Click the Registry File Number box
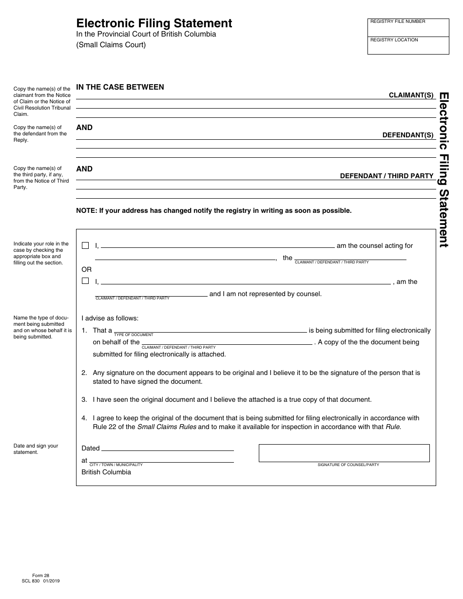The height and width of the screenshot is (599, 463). (408, 28)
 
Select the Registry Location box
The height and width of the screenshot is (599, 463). (408, 46)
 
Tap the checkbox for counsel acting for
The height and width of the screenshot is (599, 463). (85, 245)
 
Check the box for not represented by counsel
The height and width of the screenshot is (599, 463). (85, 281)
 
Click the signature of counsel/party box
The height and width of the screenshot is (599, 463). (344, 453)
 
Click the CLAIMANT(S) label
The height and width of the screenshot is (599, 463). (411, 95)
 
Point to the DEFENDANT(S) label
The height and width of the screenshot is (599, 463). (408, 135)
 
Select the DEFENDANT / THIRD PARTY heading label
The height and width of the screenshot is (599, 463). (386, 176)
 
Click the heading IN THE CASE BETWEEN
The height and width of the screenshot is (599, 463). (120, 87)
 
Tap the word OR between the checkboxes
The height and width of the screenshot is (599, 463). (86, 269)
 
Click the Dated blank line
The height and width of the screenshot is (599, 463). (167, 448)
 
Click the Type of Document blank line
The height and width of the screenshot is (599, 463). (210, 330)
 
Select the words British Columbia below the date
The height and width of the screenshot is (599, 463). (106, 472)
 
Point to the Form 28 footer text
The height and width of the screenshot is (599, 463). (38, 575)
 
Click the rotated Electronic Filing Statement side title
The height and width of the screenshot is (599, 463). (444, 170)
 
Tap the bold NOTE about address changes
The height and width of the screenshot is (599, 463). (213, 211)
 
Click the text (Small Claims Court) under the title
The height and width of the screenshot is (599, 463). (111, 45)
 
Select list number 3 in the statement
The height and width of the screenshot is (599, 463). (84, 399)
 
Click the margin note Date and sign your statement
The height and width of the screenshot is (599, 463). (36, 449)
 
